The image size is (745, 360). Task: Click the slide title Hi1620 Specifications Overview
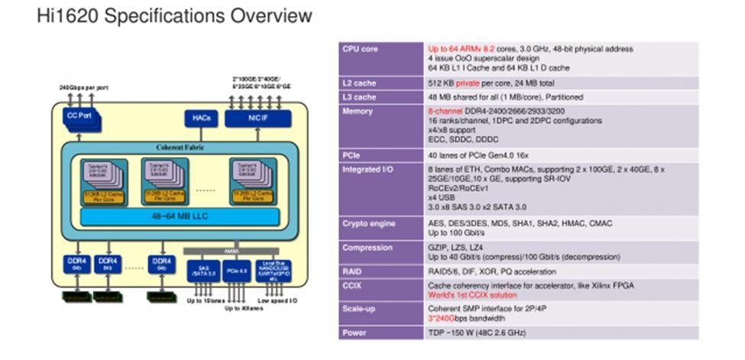click(174, 16)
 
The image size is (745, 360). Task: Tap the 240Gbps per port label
click(83, 88)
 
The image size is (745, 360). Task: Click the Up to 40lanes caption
click(243, 309)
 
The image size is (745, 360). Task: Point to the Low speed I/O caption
click(278, 302)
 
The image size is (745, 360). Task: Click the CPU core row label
click(361, 49)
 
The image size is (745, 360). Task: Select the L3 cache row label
click(359, 97)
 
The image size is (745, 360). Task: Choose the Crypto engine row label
click(369, 223)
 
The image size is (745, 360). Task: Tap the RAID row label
click(353, 271)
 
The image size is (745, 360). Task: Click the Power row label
click(355, 333)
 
